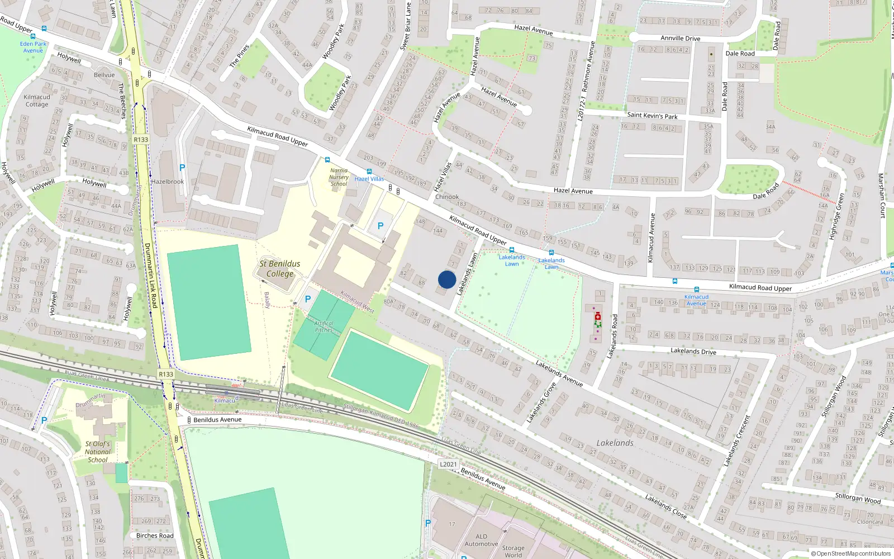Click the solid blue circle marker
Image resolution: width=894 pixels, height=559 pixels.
coord(447,279)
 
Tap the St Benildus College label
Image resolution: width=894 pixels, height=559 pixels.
coord(280,268)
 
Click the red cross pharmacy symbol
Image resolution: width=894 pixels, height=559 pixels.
coord(597,316)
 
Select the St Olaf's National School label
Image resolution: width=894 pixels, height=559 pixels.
coord(98,452)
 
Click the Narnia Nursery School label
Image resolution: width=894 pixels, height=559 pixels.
coord(339,177)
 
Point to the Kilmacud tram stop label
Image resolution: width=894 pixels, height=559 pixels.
coord(225,400)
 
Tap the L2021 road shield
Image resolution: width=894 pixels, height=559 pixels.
coord(448,464)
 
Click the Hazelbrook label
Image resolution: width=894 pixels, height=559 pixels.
coord(168,182)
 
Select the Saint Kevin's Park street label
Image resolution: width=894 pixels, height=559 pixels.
coord(652,116)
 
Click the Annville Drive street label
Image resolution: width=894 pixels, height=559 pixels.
coord(680,38)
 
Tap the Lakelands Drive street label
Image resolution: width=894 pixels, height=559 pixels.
coord(693,351)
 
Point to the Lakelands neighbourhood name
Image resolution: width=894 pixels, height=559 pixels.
coord(615,443)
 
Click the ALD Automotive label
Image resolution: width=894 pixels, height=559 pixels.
coord(481,540)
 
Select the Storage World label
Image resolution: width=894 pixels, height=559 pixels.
coord(513,551)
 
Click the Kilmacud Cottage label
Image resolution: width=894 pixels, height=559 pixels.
coord(37,101)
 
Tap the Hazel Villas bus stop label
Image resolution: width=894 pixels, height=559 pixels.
coord(369,179)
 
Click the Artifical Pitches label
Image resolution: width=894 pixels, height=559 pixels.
coord(324,326)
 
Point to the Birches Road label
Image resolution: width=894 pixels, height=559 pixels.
coord(155,536)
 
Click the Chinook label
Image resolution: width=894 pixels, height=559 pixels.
coord(447,197)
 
